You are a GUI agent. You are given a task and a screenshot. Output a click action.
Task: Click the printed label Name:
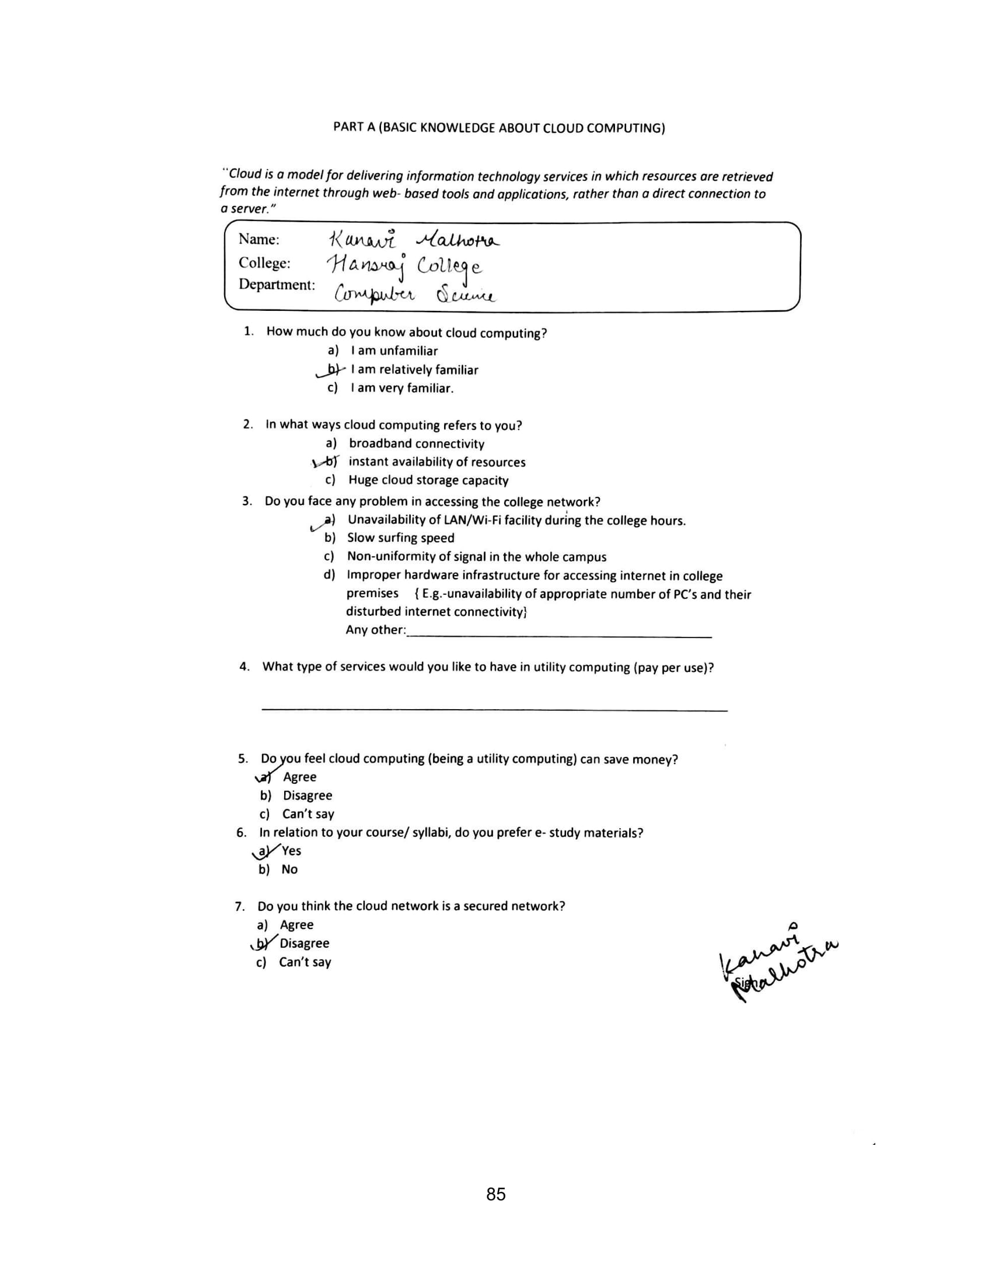pos(259,240)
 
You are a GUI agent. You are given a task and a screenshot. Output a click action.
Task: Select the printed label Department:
pos(276,285)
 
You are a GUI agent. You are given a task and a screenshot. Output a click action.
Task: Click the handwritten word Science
pos(466,295)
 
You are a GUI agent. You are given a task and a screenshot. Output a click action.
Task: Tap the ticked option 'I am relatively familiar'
pos(414,370)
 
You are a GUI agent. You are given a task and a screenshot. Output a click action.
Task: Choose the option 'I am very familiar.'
pos(402,388)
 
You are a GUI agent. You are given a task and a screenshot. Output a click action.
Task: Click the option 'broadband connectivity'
pos(416,444)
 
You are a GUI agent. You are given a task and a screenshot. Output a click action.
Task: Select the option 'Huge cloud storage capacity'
pos(428,480)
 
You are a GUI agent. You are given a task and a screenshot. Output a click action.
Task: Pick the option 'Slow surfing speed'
pos(400,538)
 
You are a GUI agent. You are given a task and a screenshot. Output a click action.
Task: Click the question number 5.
pos(243,758)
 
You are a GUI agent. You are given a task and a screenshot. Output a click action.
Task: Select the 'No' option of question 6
pos(289,870)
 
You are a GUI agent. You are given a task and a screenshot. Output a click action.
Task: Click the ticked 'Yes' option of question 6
pos(291,851)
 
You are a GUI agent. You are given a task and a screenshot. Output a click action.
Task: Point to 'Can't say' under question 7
pos(305,962)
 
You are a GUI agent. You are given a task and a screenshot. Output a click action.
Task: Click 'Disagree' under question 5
pos(308,795)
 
